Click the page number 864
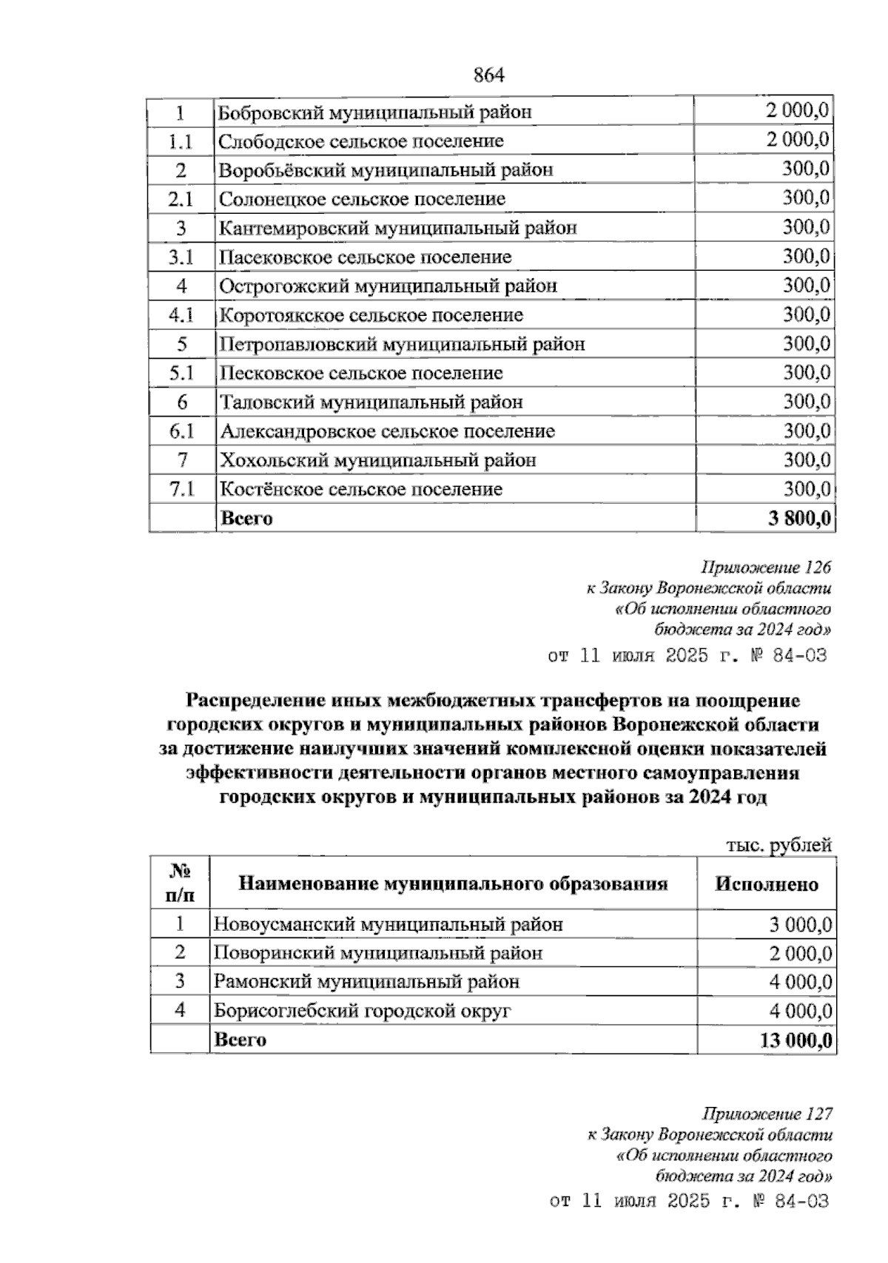(x=488, y=75)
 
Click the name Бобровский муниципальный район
(x=374, y=112)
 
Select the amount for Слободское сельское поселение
(x=798, y=140)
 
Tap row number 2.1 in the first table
(x=181, y=199)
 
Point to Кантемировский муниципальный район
(x=397, y=228)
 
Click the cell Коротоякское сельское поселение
(x=371, y=315)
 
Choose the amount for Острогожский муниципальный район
(x=806, y=286)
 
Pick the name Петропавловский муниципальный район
(x=402, y=344)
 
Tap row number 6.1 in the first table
(x=181, y=431)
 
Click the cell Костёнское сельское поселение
(x=360, y=489)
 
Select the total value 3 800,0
(x=799, y=518)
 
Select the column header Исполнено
(x=766, y=884)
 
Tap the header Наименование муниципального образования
(x=453, y=883)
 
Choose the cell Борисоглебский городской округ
(x=363, y=1011)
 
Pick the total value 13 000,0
(x=795, y=1040)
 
